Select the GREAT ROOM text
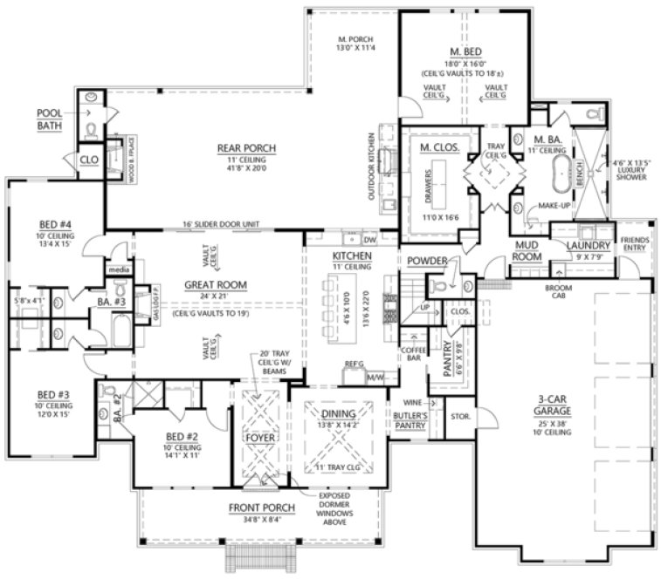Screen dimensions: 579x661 coord(215,285)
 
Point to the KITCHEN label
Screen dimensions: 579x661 coord(352,255)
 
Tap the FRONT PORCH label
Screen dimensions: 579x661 coord(260,507)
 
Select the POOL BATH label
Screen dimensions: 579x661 coord(50,119)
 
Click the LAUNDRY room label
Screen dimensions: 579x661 coord(588,246)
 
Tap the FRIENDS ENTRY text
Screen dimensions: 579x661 coord(635,244)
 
